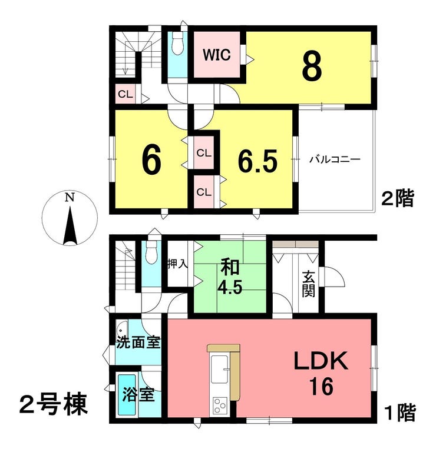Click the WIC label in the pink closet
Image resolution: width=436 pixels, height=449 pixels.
click(217, 55)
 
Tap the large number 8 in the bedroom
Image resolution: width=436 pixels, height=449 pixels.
click(312, 66)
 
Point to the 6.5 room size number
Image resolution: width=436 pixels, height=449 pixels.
click(257, 161)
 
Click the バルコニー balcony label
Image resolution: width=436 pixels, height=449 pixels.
click(335, 159)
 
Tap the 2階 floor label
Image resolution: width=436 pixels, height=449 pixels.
click(398, 198)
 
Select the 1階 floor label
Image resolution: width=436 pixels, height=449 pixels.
click(400, 413)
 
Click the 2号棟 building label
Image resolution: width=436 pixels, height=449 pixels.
click(53, 405)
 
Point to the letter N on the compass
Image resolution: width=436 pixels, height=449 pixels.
click(70, 197)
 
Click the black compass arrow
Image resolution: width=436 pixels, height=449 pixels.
click(70, 226)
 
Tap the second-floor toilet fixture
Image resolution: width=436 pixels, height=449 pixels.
click(178, 43)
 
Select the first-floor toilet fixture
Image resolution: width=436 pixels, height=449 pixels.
click(151, 252)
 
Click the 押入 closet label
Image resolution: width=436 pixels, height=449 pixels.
click(178, 264)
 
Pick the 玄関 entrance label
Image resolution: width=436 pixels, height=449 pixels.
click(308, 284)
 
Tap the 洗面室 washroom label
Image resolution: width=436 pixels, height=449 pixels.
click(138, 342)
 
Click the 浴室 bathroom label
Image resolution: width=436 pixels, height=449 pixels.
click(138, 394)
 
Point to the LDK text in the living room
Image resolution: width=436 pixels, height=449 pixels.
click(321, 361)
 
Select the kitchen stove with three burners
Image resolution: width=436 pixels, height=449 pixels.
click(220, 405)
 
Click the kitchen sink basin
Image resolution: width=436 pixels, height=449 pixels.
click(219, 370)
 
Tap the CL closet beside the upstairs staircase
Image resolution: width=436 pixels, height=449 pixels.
click(125, 94)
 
